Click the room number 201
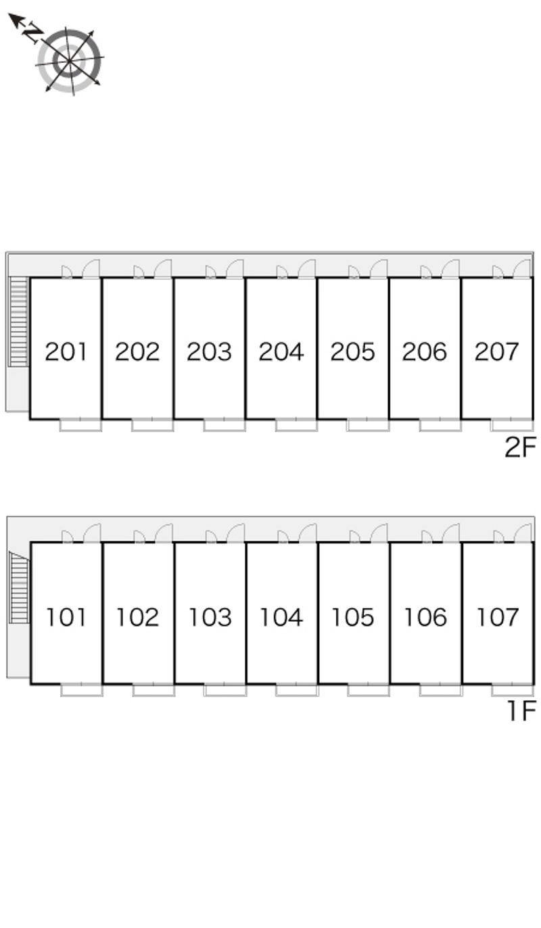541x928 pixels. click(x=66, y=351)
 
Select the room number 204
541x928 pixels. click(x=281, y=351)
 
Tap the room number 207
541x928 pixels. click(x=497, y=351)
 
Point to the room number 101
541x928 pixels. click(x=66, y=616)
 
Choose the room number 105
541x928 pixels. click(x=353, y=616)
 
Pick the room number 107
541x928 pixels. click(x=498, y=616)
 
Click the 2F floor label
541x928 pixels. click(x=520, y=447)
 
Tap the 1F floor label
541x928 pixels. click(x=521, y=711)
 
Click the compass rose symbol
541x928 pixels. click(x=69, y=60)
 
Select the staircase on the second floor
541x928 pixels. click(x=19, y=322)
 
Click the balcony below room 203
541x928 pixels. click(x=225, y=425)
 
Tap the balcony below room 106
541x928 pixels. click(x=440, y=690)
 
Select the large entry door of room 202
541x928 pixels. click(x=164, y=269)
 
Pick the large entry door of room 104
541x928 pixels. click(x=308, y=533)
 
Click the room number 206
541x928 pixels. click(x=425, y=351)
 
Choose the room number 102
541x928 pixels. click(x=138, y=616)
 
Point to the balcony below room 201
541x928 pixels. click(x=80, y=425)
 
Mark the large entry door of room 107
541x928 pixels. click(x=523, y=533)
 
